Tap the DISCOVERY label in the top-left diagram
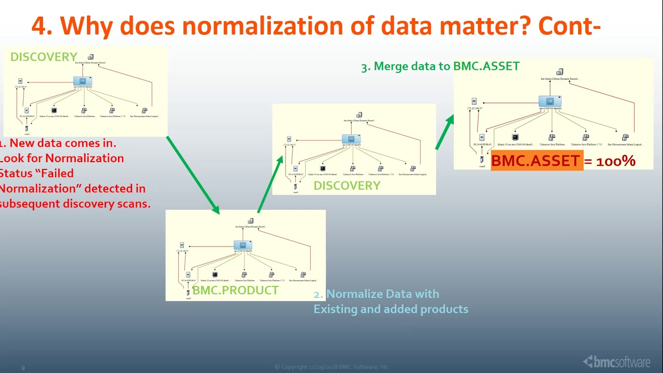[x=44, y=57]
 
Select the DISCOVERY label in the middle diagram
[x=347, y=185]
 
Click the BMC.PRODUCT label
[x=235, y=290]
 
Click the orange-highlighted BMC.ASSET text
[x=536, y=161]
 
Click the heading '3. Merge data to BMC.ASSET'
[x=440, y=66]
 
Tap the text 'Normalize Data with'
[x=382, y=294]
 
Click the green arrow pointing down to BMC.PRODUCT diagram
[x=193, y=175]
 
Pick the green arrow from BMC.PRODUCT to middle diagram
[x=270, y=184]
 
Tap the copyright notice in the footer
[x=331, y=367]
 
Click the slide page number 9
[x=23, y=368]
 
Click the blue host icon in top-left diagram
[x=82, y=81]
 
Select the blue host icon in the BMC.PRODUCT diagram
[x=242, y=245]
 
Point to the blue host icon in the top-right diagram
[x=550, y=102]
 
